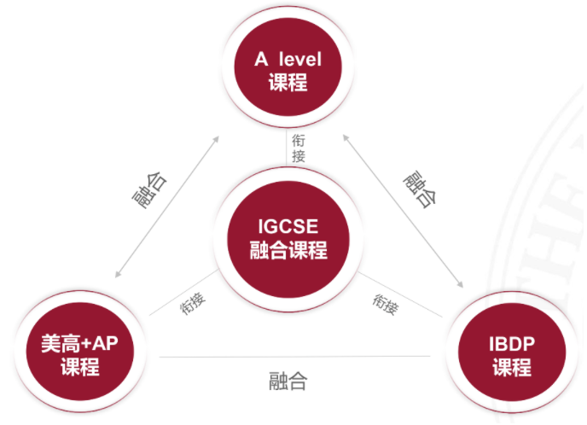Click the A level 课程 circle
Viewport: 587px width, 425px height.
[x=288, y=67]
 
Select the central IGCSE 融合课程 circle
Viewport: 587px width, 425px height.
[x=288, y=239]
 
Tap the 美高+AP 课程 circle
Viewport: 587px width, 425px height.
[x=79, y=352]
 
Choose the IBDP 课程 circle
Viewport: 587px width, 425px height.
[x=512, y=352]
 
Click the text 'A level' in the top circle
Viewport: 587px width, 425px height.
[x=288, y=59]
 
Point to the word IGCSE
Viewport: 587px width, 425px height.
[x=288, y=226]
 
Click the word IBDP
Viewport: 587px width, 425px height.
[x=512, y=344]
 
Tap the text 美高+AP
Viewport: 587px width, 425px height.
[x=79, y=343]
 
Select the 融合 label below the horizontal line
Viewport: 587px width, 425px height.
[x=288, y=381]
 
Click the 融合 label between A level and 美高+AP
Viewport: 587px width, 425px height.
[x=150, y=190]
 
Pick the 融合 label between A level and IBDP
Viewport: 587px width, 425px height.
[x=420, y=189]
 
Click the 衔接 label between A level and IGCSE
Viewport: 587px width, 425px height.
[x=299, y=148]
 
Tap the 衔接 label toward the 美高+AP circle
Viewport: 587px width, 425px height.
[x=193, y=303]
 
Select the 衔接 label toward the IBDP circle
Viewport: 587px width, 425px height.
[x=386, y=304]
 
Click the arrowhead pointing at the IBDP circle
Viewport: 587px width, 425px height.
[x=460, y=284]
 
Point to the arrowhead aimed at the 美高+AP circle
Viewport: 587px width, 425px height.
[x=118, y=274]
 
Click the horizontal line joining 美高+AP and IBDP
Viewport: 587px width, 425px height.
[x=295, y=357]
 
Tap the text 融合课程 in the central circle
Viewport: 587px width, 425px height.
[x=288, y=250]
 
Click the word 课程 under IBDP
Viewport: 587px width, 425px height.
[x=512, y=367]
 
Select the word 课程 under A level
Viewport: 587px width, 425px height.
[x=288, y=82]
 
